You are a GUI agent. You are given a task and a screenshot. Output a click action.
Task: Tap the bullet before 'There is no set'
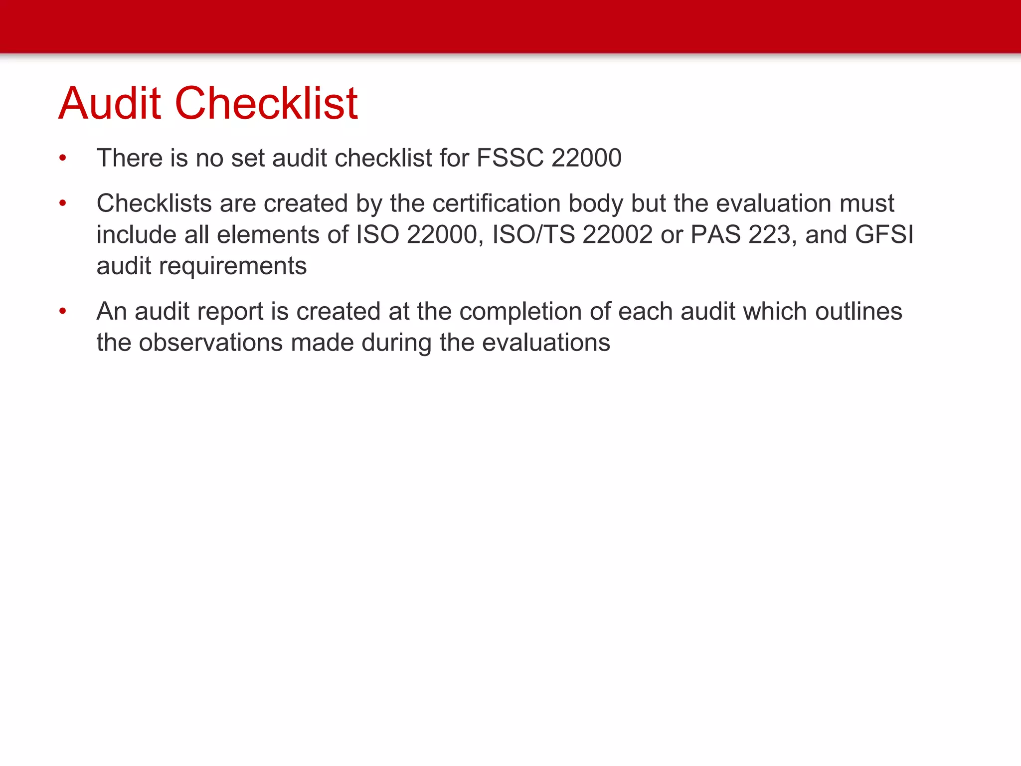[x=62, y=158]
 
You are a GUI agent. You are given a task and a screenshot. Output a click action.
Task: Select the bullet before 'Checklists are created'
[x=62, y=203]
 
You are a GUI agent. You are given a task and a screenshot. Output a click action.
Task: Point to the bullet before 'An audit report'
[x=62, y=312]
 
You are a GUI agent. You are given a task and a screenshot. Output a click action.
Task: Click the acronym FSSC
[x=510, y=158]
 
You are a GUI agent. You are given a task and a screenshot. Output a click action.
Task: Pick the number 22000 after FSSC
[x=586, y=158]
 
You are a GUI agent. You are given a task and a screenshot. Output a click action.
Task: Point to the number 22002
[x=617, y=235]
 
